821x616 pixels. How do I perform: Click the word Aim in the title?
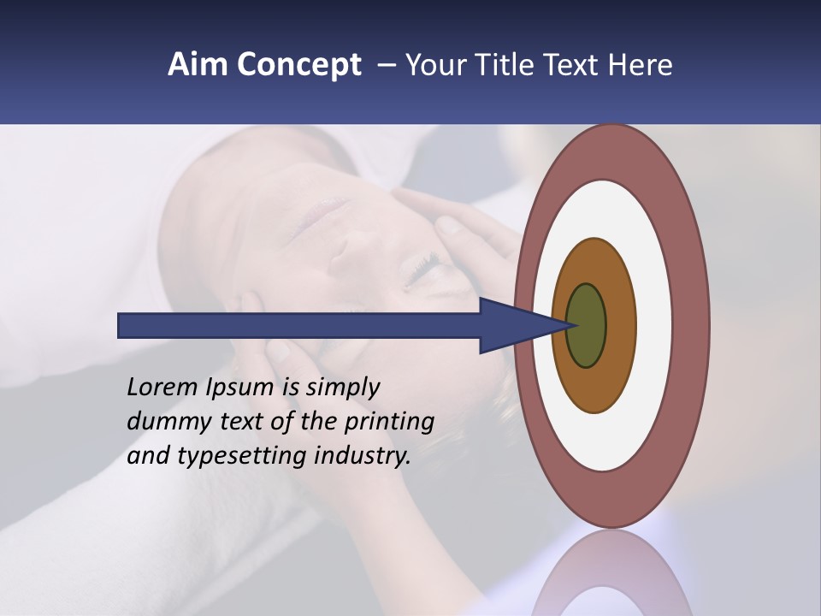[198, 65]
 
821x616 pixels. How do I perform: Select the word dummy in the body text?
[162, 421]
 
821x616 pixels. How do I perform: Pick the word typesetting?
[242, 455]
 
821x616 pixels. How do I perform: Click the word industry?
[362, 455]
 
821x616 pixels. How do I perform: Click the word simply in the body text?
[342, 388]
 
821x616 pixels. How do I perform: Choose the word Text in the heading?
[577, 65]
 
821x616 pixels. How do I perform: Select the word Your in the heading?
[434, 65]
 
